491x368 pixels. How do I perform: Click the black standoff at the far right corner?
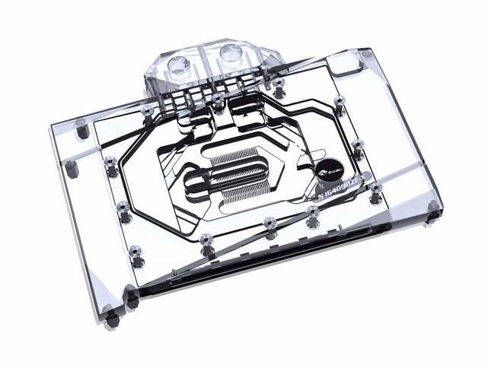(434, 207)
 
